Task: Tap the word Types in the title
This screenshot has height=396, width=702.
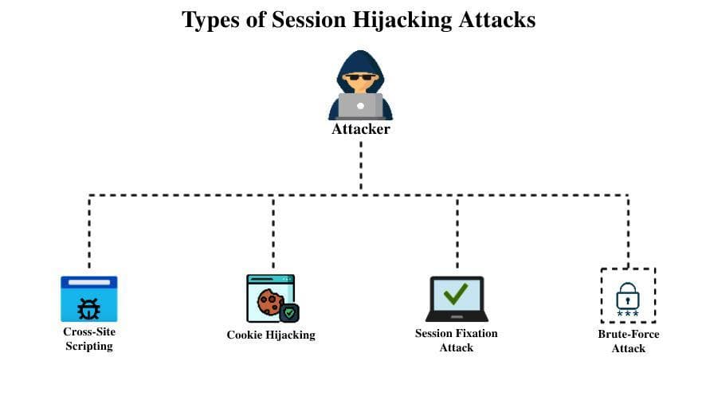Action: (x=210, y=20)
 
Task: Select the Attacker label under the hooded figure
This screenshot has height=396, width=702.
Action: (x=360, y=128)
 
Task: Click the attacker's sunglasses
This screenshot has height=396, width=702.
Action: (x=360, y=79)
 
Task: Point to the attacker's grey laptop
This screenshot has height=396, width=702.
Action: (x=360, y=105)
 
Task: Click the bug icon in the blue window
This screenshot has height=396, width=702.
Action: (x=88, y=308)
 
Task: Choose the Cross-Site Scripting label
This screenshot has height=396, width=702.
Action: (x=88, y=339)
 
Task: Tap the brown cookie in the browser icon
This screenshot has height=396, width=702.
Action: (x=269, y=302)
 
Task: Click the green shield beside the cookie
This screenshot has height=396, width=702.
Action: (x=290, y=312)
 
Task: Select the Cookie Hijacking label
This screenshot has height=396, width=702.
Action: (x=271, y=335)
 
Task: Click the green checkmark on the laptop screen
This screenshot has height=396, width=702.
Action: (x=456, y=294)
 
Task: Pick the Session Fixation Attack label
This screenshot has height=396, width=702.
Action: (x=456, y=340)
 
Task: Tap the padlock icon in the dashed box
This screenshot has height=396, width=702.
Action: (x=627, y=297)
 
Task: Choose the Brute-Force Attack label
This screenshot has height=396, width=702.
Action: (x=628, y=341)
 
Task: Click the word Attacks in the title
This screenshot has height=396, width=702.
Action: (x=496, y=20)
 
